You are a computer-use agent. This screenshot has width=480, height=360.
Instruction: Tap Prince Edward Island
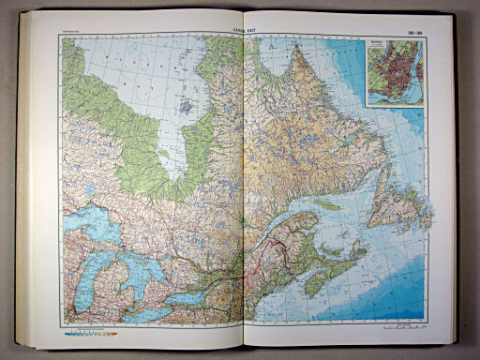[335, 245]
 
